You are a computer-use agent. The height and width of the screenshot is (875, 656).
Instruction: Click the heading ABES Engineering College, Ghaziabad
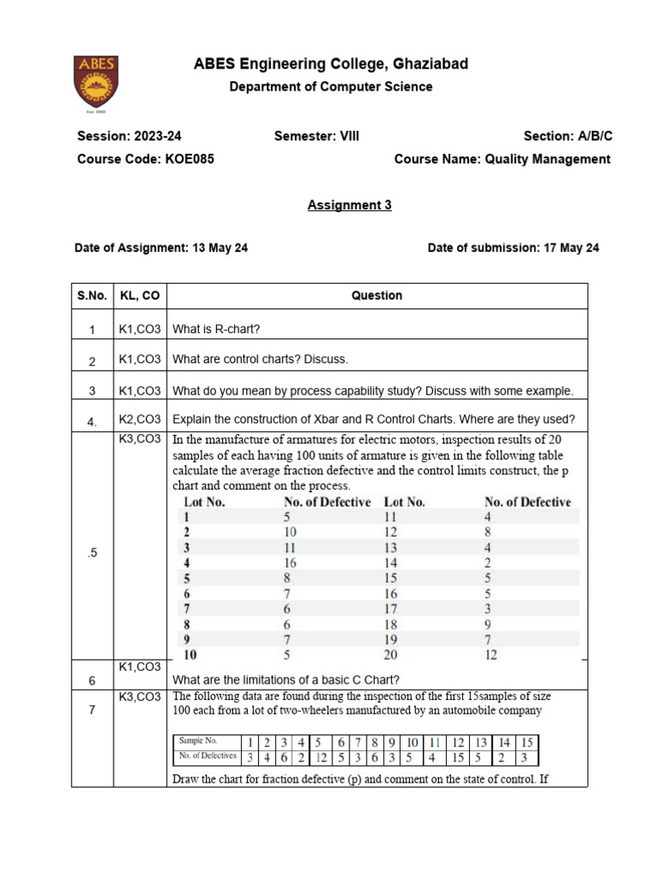pyautogui.click(x=331, y=64)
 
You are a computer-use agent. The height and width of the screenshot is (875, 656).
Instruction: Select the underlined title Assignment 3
pyautogui.click(x=349, y=205)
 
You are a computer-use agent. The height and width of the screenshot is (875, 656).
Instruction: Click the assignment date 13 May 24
pyautogui.click(x=218, y=248)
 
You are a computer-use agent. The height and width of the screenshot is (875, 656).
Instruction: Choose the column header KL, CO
pyautogui.click(x=139, y=296)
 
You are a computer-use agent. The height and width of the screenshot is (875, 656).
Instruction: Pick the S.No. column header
pyautogui.click(x=92, y=296)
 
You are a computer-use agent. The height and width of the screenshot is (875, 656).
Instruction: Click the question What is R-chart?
pyautogui.click(x=216, y=328)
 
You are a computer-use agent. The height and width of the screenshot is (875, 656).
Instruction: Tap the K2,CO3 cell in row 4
pyautogui.click(x=139, y=419)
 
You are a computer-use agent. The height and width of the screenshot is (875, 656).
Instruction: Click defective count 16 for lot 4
pyautogui.click(x=291, y=562)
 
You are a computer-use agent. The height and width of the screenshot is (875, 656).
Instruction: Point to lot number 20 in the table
pyautogui.click(x=392, y=655)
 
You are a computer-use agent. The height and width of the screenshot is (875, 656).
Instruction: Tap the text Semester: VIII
pyautogui.click(x=317, y=136)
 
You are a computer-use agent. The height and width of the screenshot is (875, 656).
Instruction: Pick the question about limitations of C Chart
pyautogui.click(x=285, y=680)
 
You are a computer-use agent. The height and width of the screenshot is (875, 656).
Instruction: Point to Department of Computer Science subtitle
pyautogui.click(x=331, y=86)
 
